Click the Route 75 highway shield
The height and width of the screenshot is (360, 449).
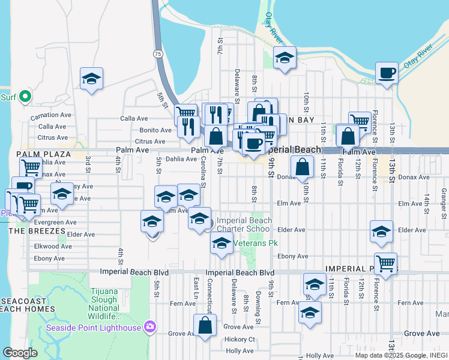(x=158, y=54)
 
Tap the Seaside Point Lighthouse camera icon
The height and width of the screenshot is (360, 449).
(x=149, y=327)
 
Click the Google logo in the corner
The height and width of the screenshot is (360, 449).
(x=20, y=353)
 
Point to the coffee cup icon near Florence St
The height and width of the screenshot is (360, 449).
(x=387, y=73)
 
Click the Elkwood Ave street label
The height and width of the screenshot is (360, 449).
(x=53, y=246)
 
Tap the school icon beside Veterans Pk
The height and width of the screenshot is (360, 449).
(x=221, y=243)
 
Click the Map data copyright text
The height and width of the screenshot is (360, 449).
(x=400, y=355)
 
